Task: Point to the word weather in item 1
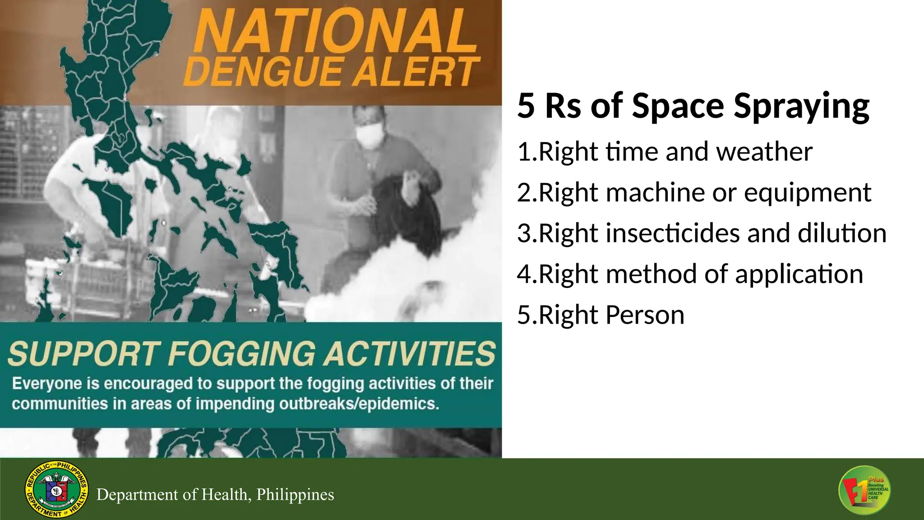coord(764,152)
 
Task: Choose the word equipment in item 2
coord(807,193)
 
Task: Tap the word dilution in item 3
coord(842,233)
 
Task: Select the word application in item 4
coord(799,274)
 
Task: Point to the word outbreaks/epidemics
coord(359,404)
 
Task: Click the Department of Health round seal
coord(56,490)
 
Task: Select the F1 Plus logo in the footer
coord(864,490)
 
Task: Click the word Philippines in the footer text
coord(295,495)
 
